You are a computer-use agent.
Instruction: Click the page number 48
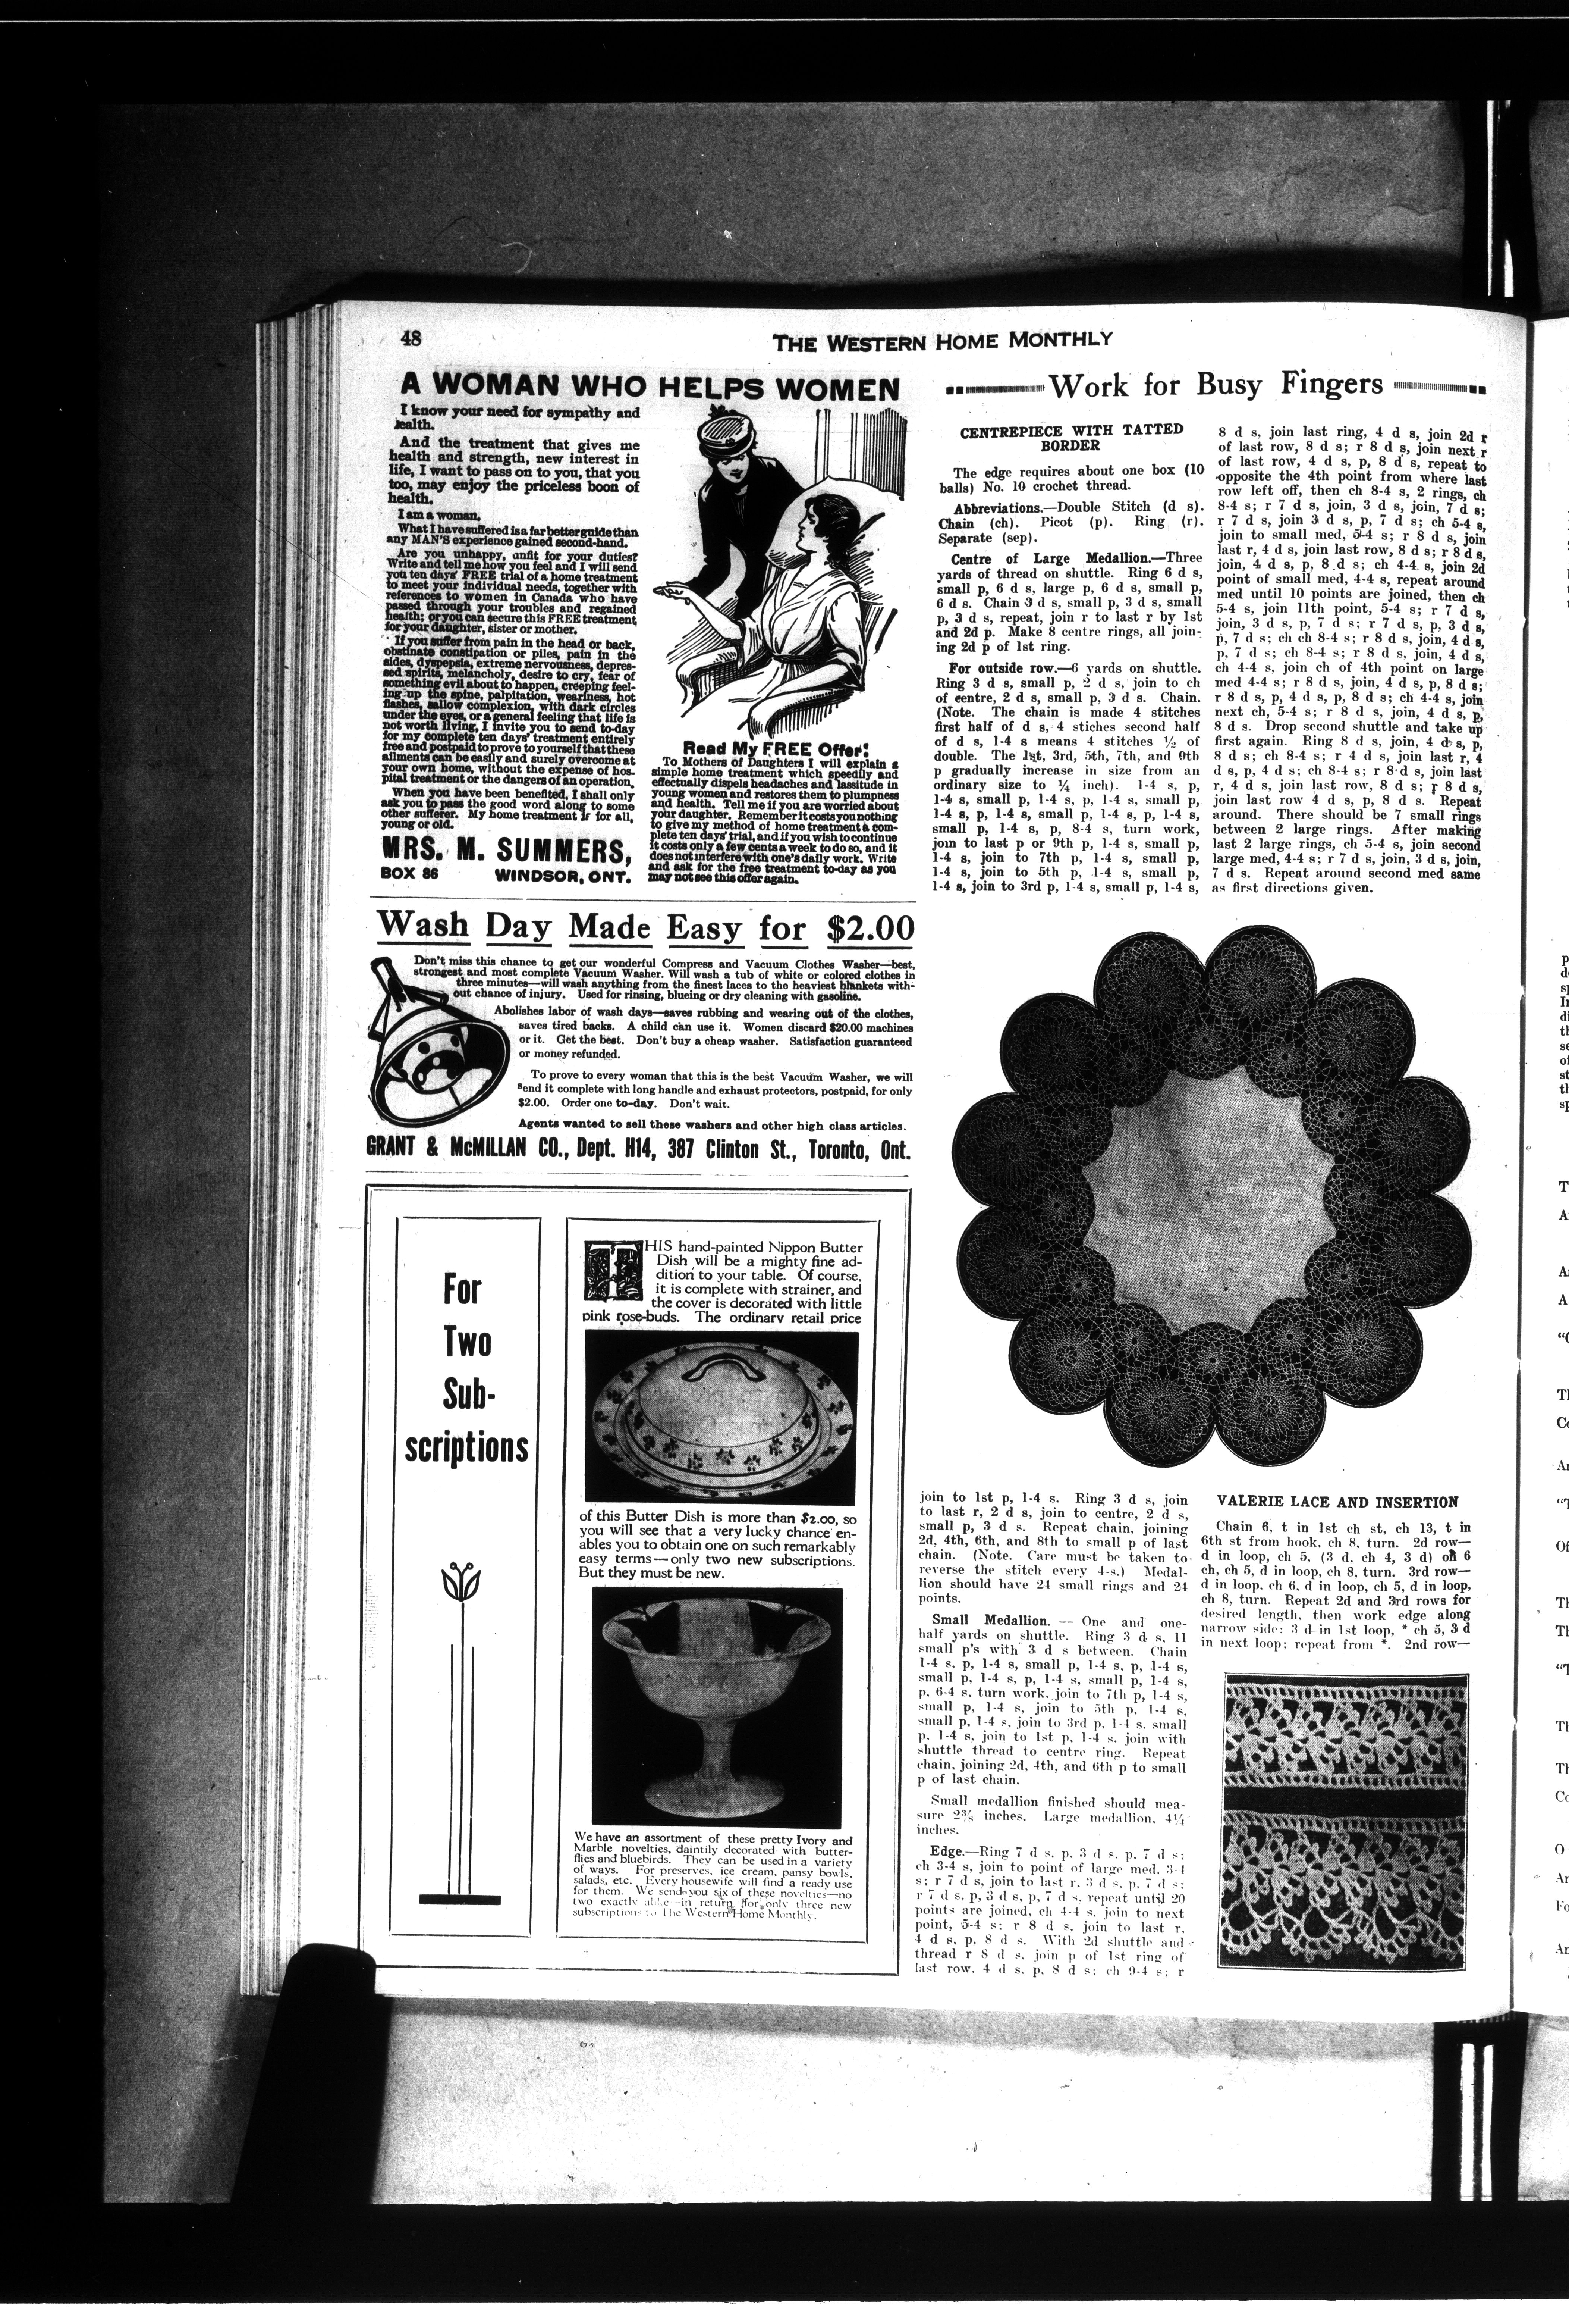412,338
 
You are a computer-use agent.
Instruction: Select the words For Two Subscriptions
465,1370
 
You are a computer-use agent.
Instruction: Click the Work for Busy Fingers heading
1216,384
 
